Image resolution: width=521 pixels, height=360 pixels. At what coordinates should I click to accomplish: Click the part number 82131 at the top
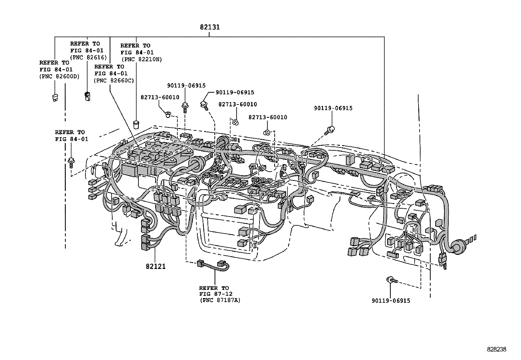(x=210, y=27)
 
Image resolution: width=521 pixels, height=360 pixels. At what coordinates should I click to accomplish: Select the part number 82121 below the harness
(x=156, y=266)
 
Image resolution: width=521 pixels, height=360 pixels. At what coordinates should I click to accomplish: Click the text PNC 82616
(x=89, y=57)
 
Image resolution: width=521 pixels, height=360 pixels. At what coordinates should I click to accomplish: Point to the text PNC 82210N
(x=142, y=59)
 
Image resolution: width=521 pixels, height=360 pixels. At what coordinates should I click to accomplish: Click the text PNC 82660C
(x=114, y=80)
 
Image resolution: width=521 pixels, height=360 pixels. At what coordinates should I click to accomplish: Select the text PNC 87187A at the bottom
(x=220, y=300)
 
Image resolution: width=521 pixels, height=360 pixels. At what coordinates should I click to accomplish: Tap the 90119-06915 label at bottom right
(x=391, y=300)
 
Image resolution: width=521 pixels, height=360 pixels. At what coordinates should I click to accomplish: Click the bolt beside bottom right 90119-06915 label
(x=391, y=280)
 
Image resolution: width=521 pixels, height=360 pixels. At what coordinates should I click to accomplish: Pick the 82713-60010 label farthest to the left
(x=160, y=97)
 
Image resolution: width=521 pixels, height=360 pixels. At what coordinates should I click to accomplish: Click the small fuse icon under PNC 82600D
(x=55, y=98)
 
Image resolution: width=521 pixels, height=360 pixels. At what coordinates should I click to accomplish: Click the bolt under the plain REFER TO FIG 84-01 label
(x=71, y=162)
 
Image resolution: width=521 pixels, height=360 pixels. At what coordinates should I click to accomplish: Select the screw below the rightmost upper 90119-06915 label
(x=330, y=130)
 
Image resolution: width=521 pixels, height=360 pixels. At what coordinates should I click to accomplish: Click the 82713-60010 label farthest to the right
(x=267, y=117)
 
